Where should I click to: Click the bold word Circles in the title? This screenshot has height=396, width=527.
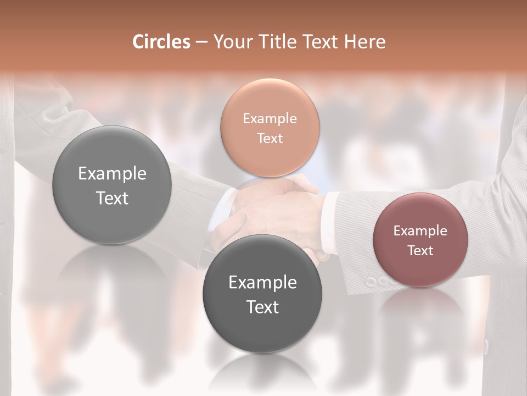coord(161,42)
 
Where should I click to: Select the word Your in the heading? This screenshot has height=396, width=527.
coord(231,42)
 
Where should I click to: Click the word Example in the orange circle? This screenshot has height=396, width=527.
coord(270,119)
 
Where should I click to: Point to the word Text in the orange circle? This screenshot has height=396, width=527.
coord(270,138)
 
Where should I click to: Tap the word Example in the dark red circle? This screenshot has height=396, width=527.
coord(420,231)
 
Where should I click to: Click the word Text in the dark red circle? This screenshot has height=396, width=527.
coord(420,250)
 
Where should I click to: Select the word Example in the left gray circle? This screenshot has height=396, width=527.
coord(112,174)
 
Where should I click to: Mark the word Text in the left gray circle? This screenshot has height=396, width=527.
coord(112,198)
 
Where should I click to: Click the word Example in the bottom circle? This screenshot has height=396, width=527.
coord(262,283)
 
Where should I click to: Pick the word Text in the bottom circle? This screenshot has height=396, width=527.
coord(262,307)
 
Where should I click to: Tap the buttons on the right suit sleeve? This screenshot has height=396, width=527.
coord(379,281)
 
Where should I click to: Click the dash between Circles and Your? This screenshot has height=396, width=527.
coord(201,42)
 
